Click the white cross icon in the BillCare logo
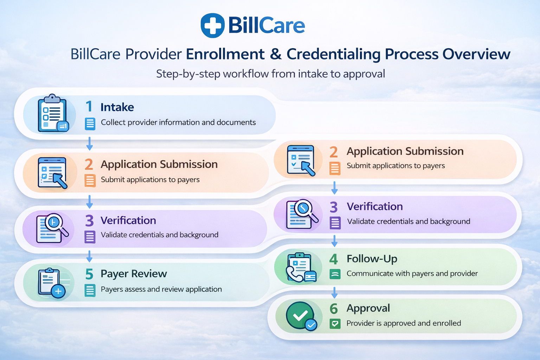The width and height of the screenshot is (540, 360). tap(212, 25)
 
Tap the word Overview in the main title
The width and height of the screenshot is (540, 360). tap(476, 54)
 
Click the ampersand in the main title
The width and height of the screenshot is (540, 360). tap(276, 54)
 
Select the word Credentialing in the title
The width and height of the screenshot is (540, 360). tap(333, 54)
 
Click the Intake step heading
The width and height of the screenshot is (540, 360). tap(117, 107)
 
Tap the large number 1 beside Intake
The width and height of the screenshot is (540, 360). tap(89, 107)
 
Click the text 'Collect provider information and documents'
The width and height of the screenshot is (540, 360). tap(178, 122)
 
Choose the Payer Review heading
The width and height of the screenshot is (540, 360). tap(134, 274)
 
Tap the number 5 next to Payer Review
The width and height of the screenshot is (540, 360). tap(89, 274)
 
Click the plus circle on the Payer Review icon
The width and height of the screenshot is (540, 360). tap(58, 291)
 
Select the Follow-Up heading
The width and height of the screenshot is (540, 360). tap(372, 259)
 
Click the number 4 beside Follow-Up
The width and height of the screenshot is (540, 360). tap(333, 259)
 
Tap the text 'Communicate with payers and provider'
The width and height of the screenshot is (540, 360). tap(412, 274)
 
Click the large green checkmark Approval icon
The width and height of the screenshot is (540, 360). tap(300, 315)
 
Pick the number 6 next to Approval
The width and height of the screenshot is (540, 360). tap(333, 309)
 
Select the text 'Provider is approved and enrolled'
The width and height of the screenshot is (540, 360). tap(404, 323)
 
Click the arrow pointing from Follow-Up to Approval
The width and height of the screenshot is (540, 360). tap(334, 292)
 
